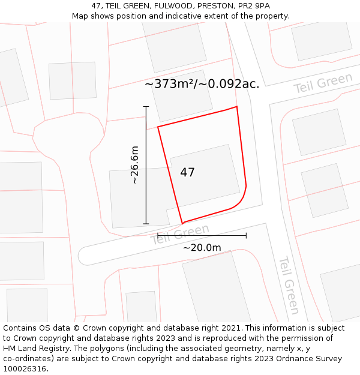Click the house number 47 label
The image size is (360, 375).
point(187,173)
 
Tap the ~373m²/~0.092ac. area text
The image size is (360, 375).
point(202,84)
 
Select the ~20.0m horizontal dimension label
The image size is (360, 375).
point(202,247)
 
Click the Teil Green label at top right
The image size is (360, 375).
point(323,83)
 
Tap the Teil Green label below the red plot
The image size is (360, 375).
point(180,234)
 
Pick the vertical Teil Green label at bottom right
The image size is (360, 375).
point(288,286)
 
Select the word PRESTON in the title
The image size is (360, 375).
point(211,6)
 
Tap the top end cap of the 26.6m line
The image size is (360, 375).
point(146,107)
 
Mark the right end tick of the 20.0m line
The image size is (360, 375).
point(246,235)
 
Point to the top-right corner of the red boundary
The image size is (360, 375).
point(237,107)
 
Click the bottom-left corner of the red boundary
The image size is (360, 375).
point(182,223)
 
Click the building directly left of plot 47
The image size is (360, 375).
point(138,198)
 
